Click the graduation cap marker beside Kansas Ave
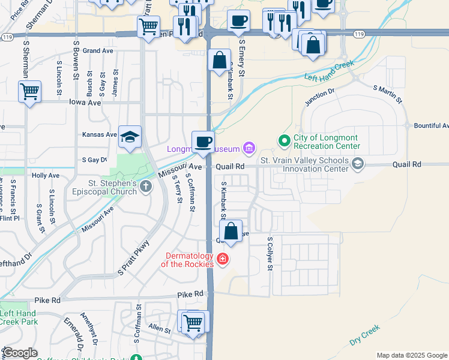pos(130,137)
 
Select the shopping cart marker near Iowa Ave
pos(29,92)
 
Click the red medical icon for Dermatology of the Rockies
pos(223,259)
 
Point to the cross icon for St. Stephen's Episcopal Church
pos(145,187)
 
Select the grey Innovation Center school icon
pos(358,164)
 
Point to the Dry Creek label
pos(364,335)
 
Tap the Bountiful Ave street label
pos(430,126)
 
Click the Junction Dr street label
pos(319,97)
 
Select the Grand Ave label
pos(98,51)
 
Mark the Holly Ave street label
pos(46,175)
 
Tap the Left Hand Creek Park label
pos(18,317)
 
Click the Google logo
pos(20,353)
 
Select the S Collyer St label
pos(270,254)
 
